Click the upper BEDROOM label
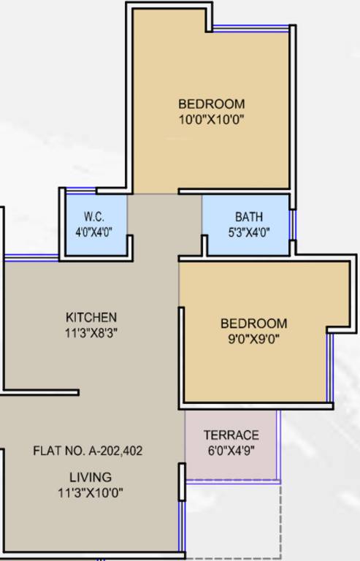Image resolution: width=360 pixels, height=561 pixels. tap(211, 104)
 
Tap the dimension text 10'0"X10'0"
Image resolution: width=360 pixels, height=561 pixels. tap(211, 119)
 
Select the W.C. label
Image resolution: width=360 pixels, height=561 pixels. tap(94, 217)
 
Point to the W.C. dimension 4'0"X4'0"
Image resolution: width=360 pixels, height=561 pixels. tap(94, 232)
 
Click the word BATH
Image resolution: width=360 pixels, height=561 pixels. tap(248, 217)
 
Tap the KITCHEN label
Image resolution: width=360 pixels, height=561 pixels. tap(91, 317)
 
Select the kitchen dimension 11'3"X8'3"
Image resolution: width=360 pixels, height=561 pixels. tap(91, 332)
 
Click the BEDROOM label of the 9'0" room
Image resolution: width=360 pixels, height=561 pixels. tap(254, 323)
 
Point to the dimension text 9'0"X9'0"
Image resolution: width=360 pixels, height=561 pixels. tap(254, 337)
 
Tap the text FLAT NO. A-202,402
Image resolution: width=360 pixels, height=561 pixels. tap(88, 451)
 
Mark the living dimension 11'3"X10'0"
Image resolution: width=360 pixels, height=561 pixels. tap(91, 492)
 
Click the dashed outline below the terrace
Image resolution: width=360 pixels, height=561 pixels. tap(280, 519)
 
